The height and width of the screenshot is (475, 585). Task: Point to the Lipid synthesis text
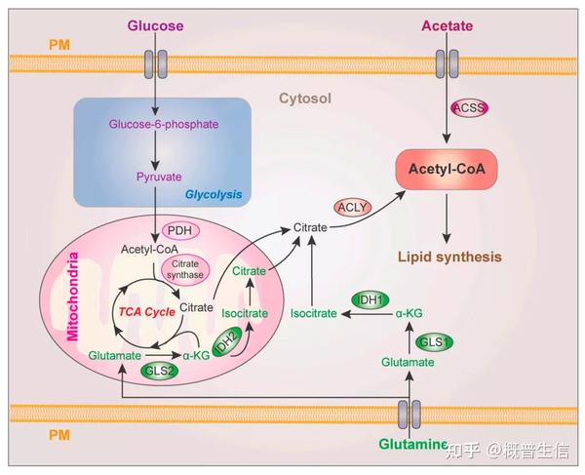[449, 257]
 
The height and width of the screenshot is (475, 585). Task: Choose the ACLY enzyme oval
[354, 207]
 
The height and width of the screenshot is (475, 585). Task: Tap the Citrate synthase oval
[184, 269]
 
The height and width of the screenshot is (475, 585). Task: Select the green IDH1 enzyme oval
[370, 298]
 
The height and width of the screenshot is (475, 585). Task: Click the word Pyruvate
[155, 178]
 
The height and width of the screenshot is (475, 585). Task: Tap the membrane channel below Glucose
[155, 64]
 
